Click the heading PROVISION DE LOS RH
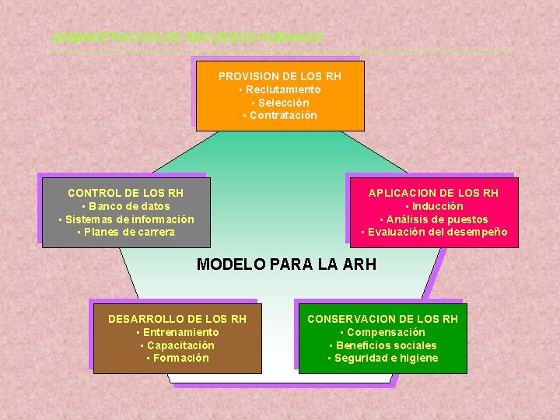[280, 76]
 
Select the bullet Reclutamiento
[280, 89]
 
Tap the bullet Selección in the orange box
[280, 103]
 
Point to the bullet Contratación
[280, 115]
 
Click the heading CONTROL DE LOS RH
[126, 193]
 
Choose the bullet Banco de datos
[126, 206]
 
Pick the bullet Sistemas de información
[126, 219]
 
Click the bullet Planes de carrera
[126, 232]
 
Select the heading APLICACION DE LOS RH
[433, 193]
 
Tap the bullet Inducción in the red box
[434, 206]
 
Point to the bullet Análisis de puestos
[434, 219]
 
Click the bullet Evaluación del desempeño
[434, 232]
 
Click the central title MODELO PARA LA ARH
[286, 264]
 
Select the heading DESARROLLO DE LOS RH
[177, 319]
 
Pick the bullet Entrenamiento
[177, 332]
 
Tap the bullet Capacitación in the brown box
[177, 345]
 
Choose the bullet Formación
[177, 358]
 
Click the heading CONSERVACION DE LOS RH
[383, 319]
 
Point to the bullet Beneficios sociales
[383, 345]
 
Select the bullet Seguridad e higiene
[383, 358]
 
